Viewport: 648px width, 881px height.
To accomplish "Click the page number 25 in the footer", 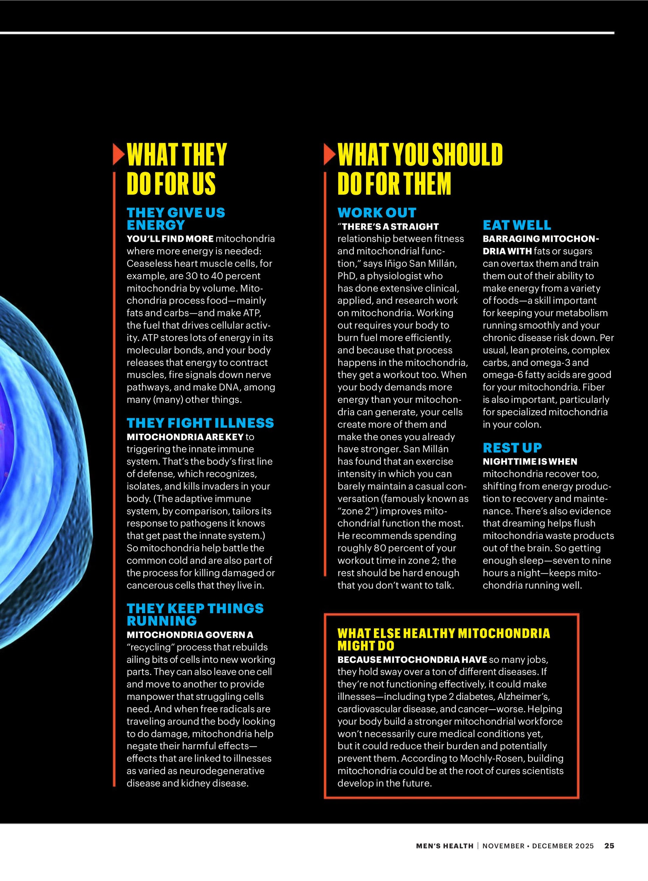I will (609, 846).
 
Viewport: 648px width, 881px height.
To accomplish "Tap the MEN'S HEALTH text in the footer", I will (445, 846).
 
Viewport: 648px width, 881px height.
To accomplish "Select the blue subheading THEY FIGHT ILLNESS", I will (200, 423).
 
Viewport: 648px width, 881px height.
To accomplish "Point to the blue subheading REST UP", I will (512, 447).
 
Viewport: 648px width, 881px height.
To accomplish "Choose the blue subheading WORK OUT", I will (377, 213).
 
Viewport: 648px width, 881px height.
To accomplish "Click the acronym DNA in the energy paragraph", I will (228, 387).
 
